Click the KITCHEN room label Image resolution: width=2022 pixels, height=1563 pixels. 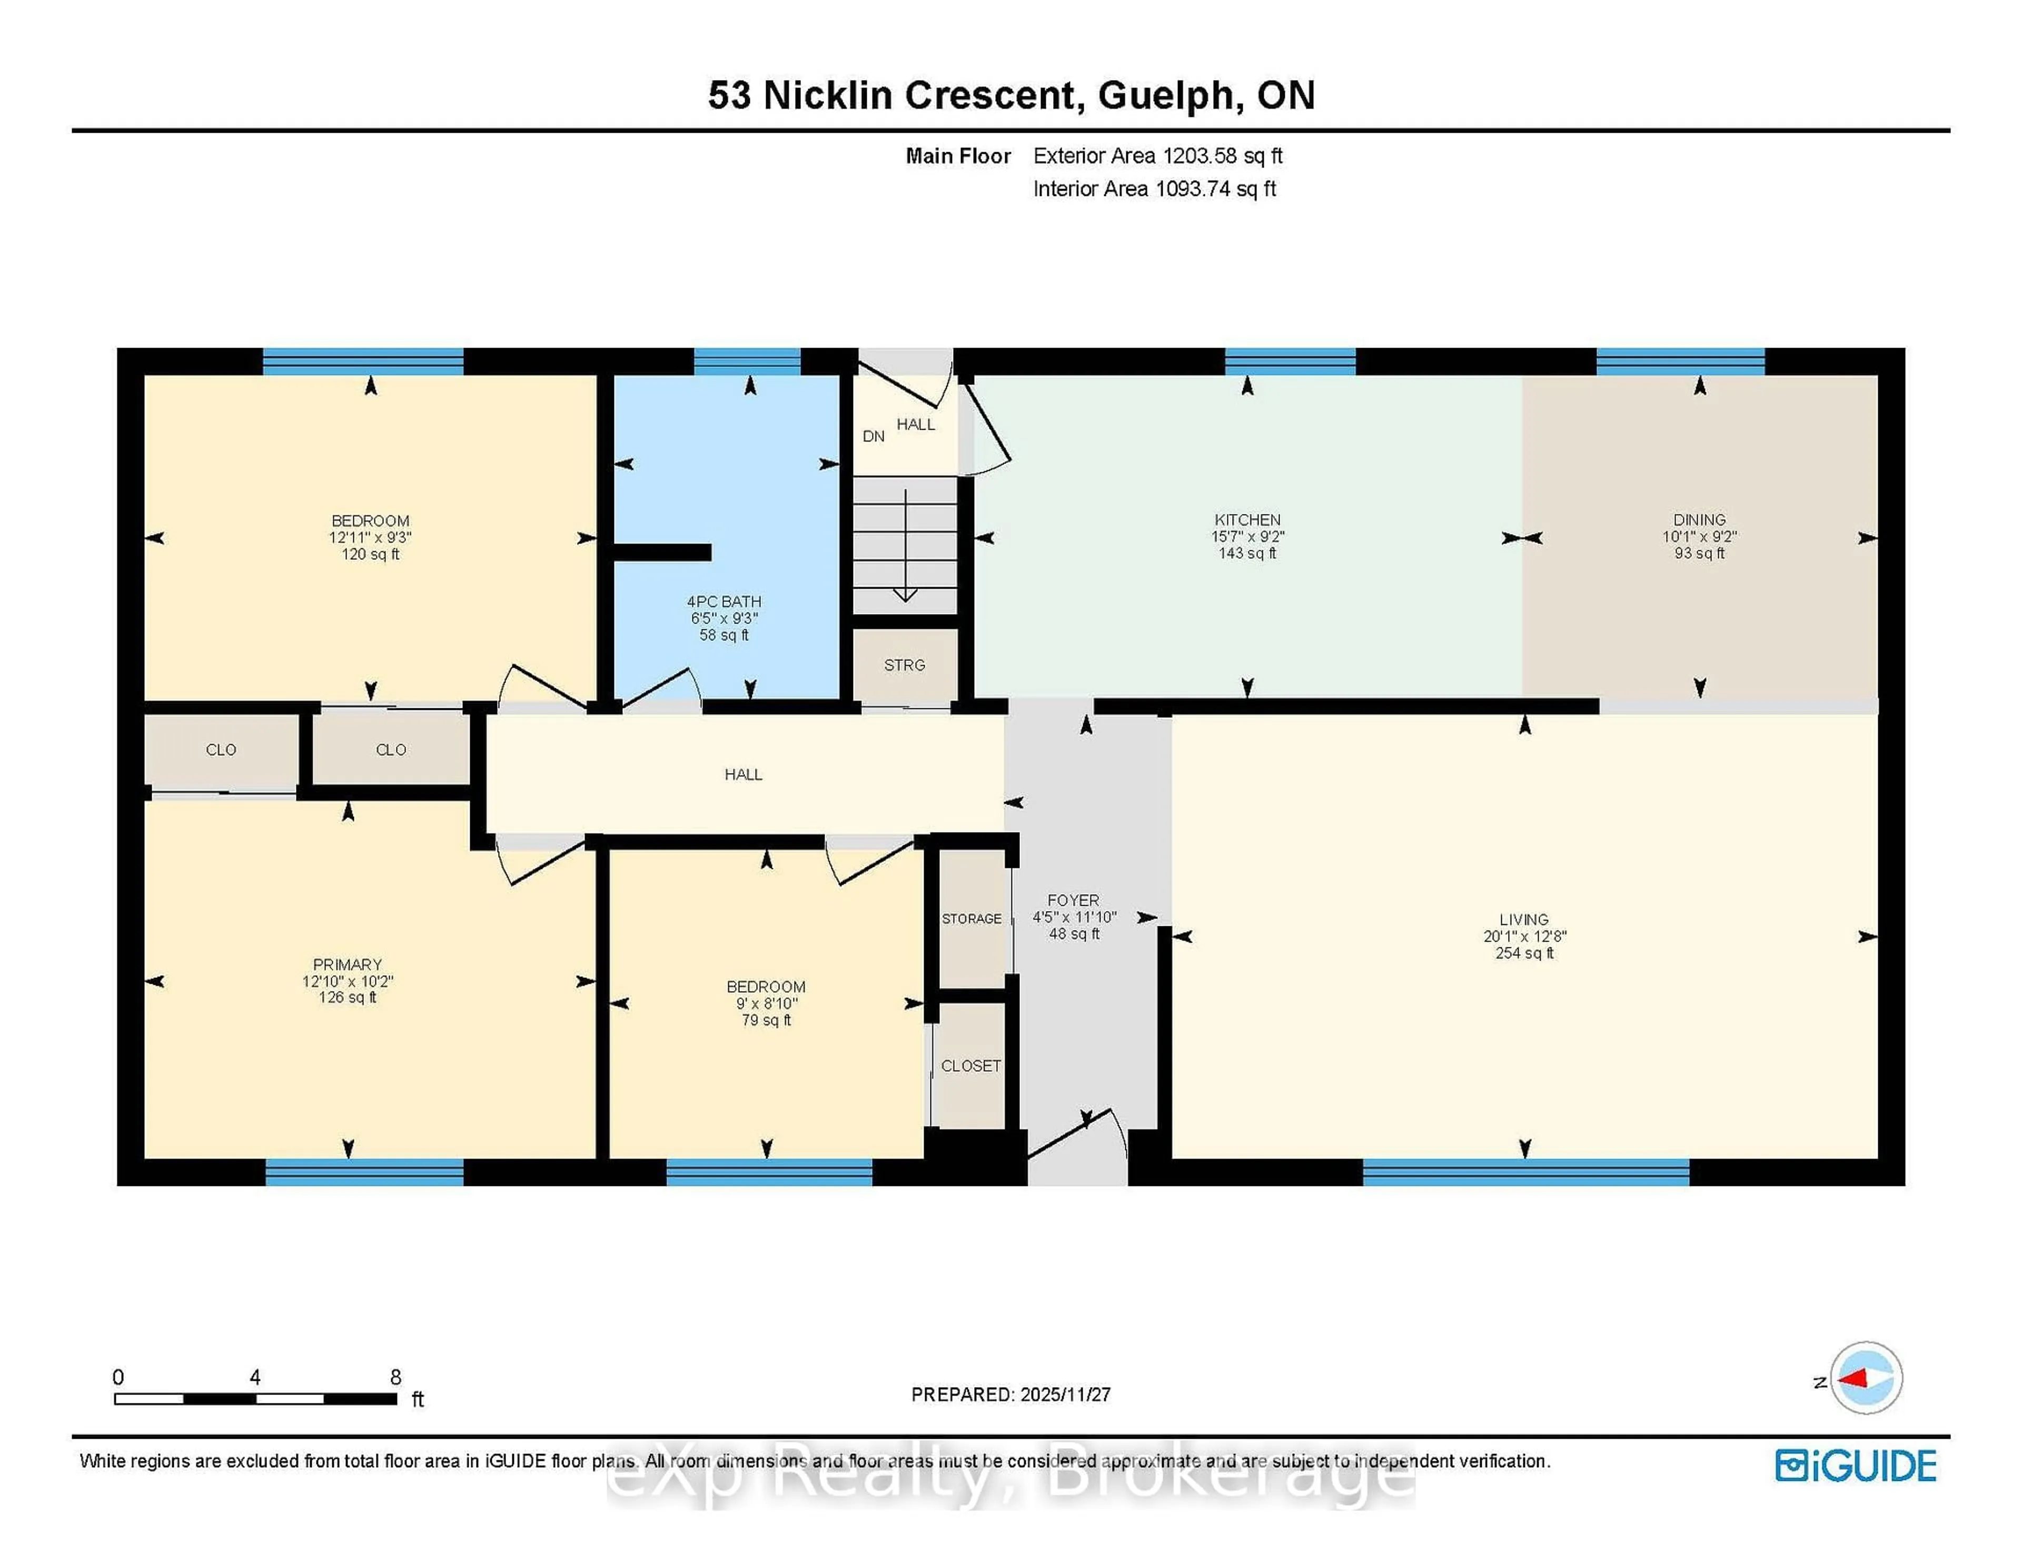(1247, 519)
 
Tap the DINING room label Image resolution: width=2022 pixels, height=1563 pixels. (1699, 519)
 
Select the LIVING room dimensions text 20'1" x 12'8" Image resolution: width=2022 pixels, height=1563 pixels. (1524, 936)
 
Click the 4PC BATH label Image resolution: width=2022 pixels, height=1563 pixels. (724, 601)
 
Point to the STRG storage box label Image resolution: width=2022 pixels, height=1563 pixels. (905, 665)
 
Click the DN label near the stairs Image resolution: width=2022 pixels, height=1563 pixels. (873, 436)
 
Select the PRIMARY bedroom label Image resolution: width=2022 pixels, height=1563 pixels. (347, 964)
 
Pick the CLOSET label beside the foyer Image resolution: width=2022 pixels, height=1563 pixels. (970, 1066)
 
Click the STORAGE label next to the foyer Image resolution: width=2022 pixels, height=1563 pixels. (971, 918)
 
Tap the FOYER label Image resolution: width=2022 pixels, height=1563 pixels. (1073, 900)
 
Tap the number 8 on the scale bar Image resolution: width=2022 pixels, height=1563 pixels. (395, 1377)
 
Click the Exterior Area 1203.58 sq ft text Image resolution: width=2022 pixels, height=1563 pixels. (1157, 155)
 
